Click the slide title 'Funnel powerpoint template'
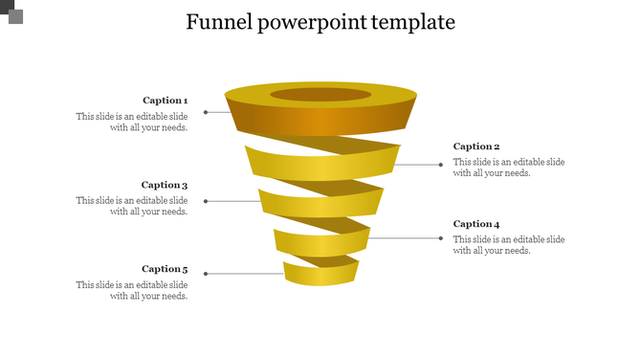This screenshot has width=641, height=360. pyautogui.click(x=320, y=22)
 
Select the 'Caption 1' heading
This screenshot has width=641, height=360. pyautogui.click(x=165, y=101)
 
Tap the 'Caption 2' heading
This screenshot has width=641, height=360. pyautogui.click(x=476, y=146)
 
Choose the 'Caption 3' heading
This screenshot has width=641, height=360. pyautogui.click(x=165, y=185)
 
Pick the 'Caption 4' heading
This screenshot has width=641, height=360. pyautogui.click(x=476, y=224)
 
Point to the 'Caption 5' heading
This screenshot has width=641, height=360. pyautogui.click(x=165, y=269)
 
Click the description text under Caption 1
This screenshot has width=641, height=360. pyautogui.click(x=132, y=122)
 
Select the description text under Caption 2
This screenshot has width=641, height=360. pyautogui.click(x=509, y=168)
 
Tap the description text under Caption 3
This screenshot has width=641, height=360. pyautogui.click(x=132, y=206)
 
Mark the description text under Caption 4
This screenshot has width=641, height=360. pyautogui.click(x=509, y=245)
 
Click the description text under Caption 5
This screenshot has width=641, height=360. pyautogui.click(x=132, y=290)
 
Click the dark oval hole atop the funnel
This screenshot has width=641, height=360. pyautogui.click(x=320, y=95)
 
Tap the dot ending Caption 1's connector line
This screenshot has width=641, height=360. pyautogui.click(x=206, y=112)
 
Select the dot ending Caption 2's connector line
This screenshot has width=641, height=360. pyautogui.click(x=441, y=165)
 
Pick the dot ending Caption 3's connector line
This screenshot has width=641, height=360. pyautogui.click(x=206, y=201)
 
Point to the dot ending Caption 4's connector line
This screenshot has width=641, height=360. pyautogui.click(x=441, y=237)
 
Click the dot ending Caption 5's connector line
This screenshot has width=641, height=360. pyautogui.click(x=206, y=274)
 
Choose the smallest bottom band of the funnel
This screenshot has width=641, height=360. pyautogui.click(x=320, y=275)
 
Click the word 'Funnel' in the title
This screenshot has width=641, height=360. pyautogui.click(x=217, y=22)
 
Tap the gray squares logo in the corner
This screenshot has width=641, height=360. pyautogui.click(x=11, y=12)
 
